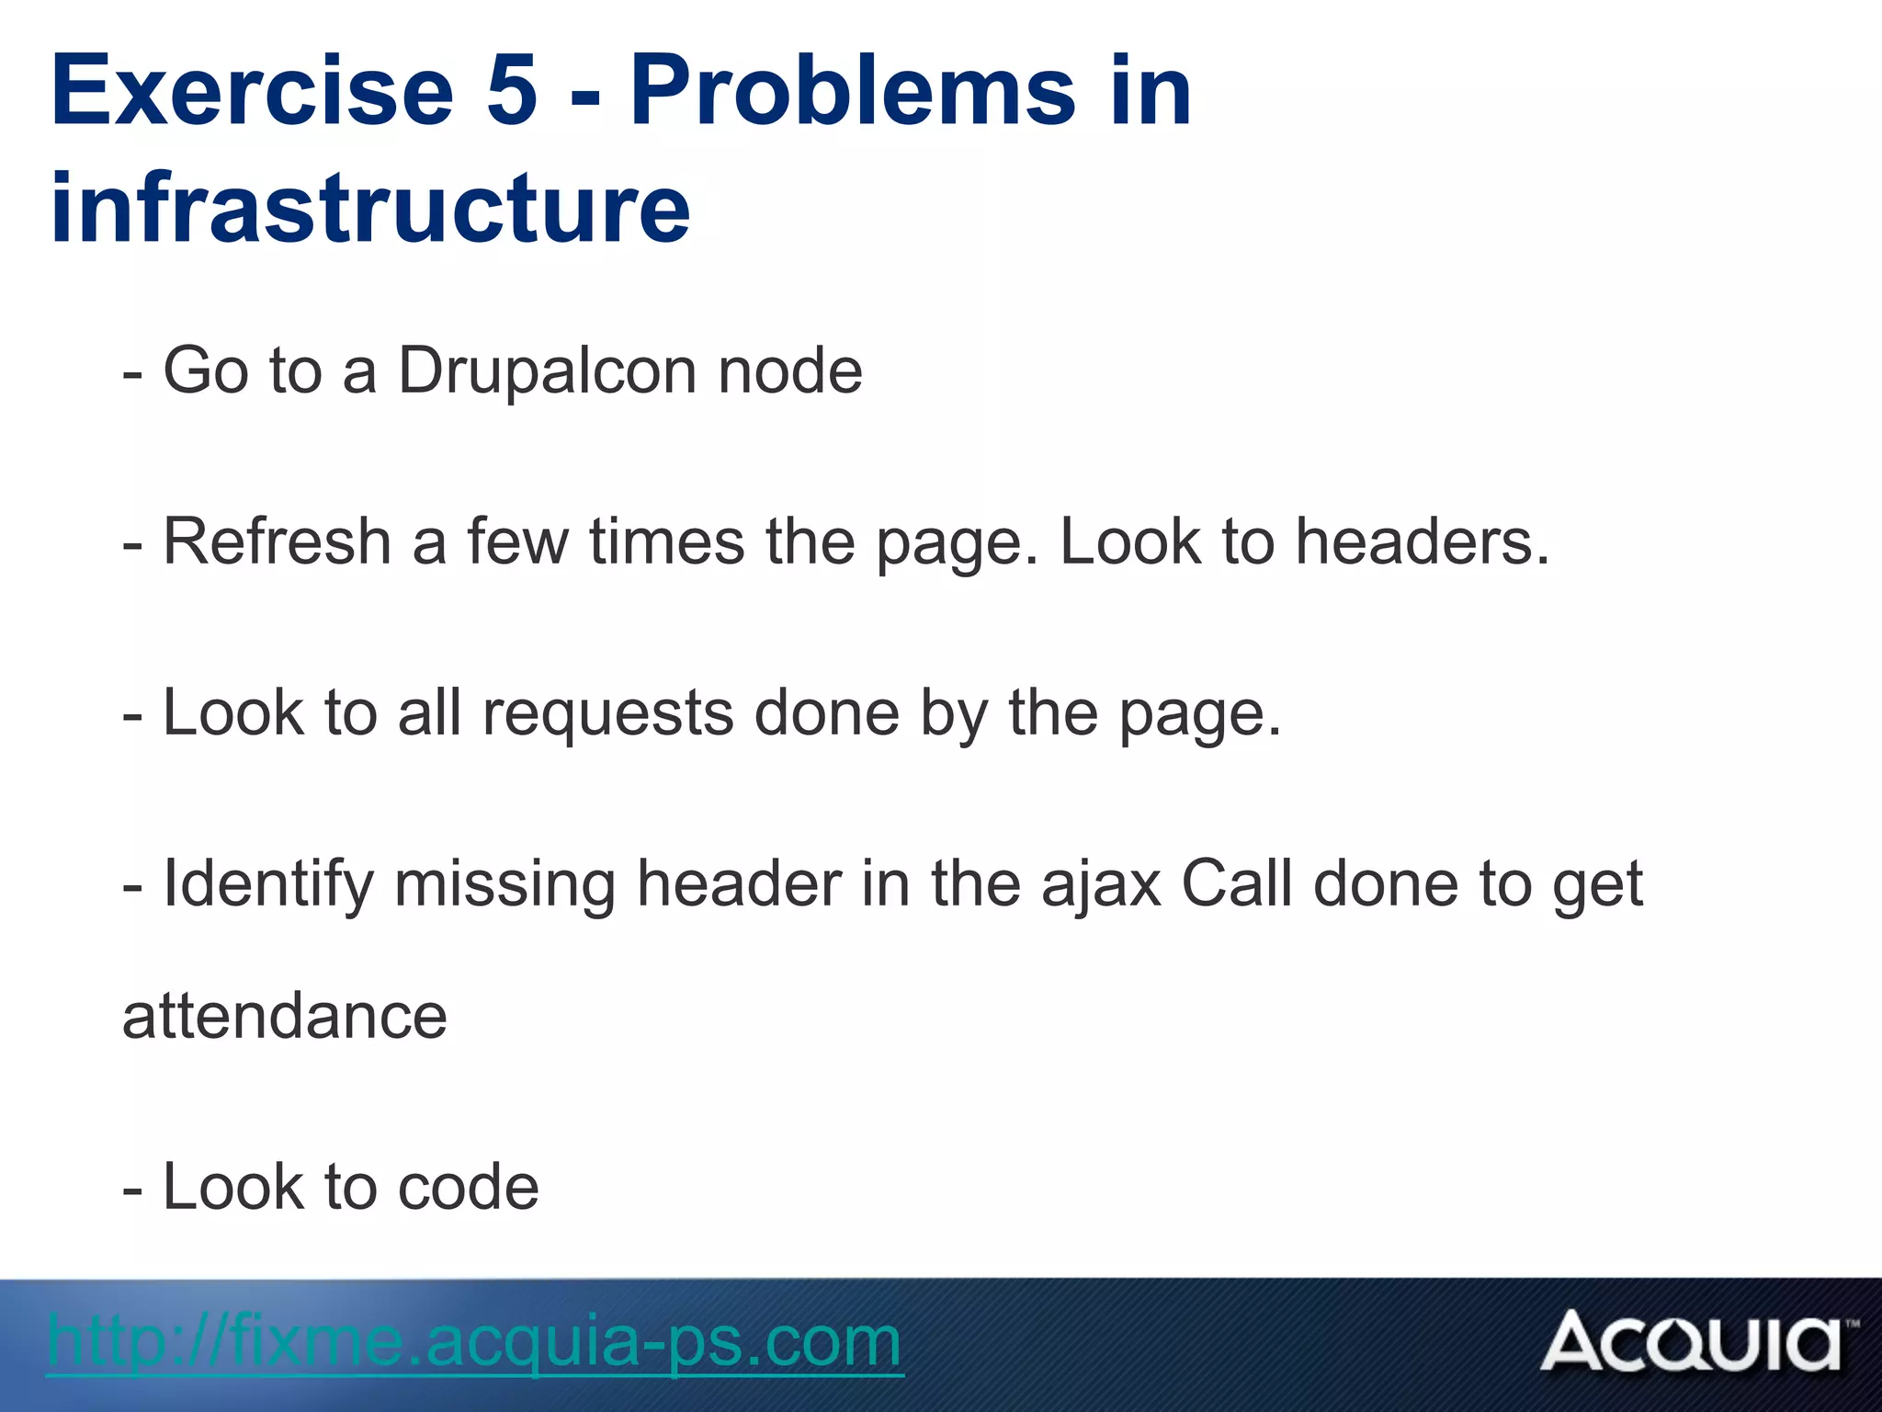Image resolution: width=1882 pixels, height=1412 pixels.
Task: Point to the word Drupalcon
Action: (548, 370)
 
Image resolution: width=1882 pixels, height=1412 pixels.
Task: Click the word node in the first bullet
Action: (790, 370)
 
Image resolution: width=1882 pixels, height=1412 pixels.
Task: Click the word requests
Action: (608, 712)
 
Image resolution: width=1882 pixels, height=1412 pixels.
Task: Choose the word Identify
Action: (268, 884)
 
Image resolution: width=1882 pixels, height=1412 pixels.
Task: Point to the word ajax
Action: (1101, 884)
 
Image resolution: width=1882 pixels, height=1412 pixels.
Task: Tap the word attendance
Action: (285, 1016)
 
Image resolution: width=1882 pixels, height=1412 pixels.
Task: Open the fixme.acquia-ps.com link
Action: (474, 1341)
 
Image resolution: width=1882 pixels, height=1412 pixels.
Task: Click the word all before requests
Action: (429, 712)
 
